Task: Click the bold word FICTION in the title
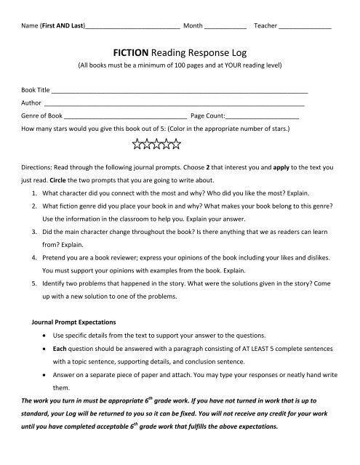pyautogui.click(x=132, y=52)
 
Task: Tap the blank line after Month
pyautogui.click(x=225, y=27)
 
